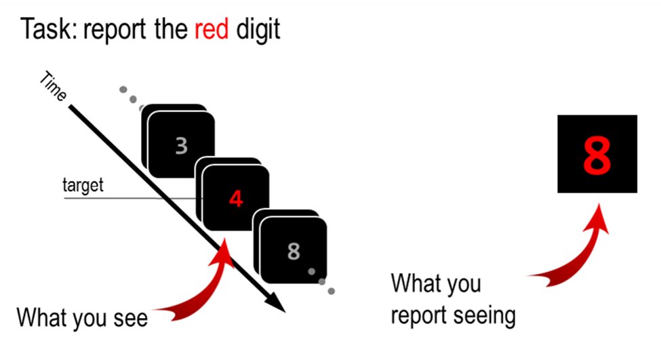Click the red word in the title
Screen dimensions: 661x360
[x=211, y=30]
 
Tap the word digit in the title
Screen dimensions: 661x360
[x=258, y=30]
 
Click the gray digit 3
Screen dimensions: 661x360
[x=181, y=145]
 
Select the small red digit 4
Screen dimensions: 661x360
[x=235, y=199]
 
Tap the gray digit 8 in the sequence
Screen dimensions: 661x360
[x=293, y=251]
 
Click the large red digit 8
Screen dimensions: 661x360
[x=597, y=155]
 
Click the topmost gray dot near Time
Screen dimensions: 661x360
[x=123, y=89]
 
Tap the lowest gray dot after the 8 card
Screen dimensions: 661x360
[x=331, y=292]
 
